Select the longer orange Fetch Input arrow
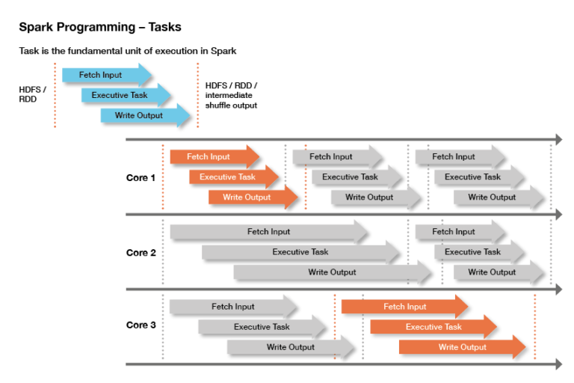(404, 307)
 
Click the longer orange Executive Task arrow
(433, 327)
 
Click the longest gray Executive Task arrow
(300, 252)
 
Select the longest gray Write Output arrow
(332, 272)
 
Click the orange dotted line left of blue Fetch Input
(55, 95)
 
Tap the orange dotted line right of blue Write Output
(197, 95)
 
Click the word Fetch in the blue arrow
(90, 75)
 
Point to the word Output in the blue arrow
(149, 115)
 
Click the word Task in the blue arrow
(140, 95)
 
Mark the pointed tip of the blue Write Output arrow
(190, 115)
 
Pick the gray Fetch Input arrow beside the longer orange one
(232, 307)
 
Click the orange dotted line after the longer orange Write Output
(534, 327)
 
